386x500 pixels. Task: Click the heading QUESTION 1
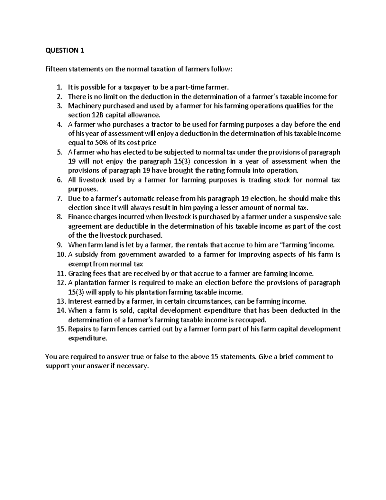click(65, 50)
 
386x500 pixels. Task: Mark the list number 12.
click(61, 283)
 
